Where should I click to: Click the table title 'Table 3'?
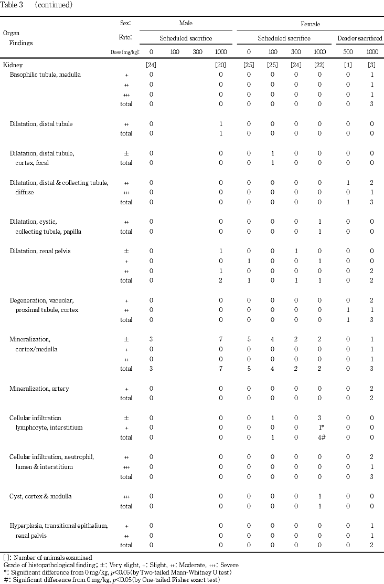click(13, 5)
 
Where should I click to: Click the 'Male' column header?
click(186, 24)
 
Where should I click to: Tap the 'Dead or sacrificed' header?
click(359, 38)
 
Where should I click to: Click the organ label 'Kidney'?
click(13, 65)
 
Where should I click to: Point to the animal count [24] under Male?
click(151, 65)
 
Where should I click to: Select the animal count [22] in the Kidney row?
click(319, 65)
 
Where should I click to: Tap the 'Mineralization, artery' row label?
click(39, 389)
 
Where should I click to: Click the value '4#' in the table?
click(320, 437)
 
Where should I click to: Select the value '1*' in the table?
click(320, 428)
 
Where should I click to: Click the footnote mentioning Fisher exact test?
click(111, 580)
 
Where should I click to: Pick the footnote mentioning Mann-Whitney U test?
click(115, 572)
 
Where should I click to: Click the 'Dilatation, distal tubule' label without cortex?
click(41, 124)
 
